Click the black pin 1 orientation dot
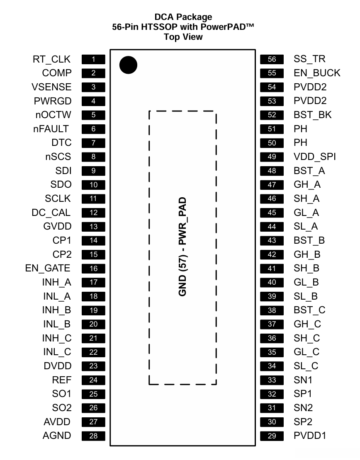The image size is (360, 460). [x=128, y=65]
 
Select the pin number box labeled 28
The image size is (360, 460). [x=93, y=436]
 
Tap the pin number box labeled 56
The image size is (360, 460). [x=272, y=59]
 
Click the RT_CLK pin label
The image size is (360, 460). [x=52, y=59]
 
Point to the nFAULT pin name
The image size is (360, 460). [x=51, y=129]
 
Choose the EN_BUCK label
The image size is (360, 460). [x=317, y=73]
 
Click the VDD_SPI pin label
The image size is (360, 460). [x=314, y=157]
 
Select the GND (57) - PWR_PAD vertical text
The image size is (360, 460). [x=182, y=247]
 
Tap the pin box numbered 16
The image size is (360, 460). [x=93, y=269]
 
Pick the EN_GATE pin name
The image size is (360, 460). [x=48, y=269]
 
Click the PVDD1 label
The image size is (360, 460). [x=310, y=436]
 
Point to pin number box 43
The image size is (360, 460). [x=272, y=240]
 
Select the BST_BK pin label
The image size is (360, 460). [x=312, y=115]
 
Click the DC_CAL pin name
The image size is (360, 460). [x=51, y=213]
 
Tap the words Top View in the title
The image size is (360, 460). [x=183, y=37]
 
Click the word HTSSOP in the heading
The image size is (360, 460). [x=159, y=27]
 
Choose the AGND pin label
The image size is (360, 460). [x=57, y=436]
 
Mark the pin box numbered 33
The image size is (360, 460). [x=272, y=380]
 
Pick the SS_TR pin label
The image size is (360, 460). [x=309, y=59]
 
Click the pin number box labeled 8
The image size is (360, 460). [x=93, y=157]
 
